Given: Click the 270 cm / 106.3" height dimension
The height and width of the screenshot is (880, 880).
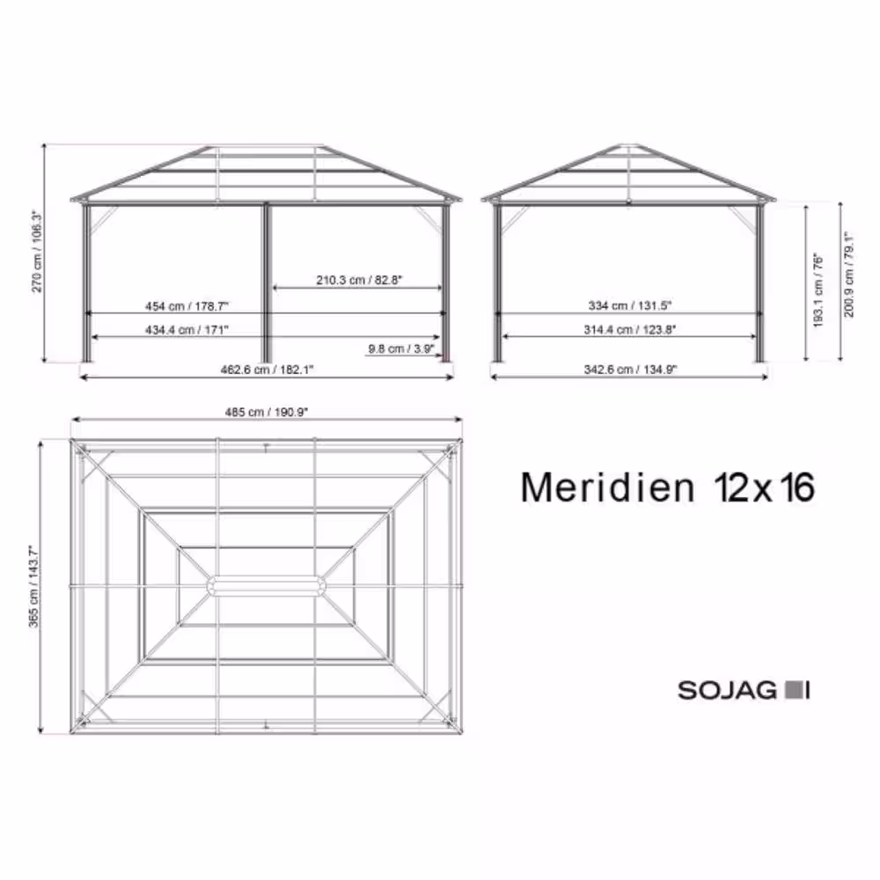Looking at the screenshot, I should pyautogui.click(x=37, y=252).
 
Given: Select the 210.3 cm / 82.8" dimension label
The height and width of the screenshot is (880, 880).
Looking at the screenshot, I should pyautogui.click(x=358, y=280).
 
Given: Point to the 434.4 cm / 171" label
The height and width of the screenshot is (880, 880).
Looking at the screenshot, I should pyautogui.click(x=187, y=329).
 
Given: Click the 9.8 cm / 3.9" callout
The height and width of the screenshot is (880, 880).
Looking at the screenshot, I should pyautogui.click(x=401, y=349).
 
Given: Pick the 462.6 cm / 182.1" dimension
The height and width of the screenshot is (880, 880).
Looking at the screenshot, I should pyautogui.click(x=267, y=370).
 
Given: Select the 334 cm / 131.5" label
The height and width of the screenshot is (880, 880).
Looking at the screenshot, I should pyautogui.click(x=630, y=306).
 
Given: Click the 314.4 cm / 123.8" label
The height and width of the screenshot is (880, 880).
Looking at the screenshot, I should pyautogui.click(x=631, y=329).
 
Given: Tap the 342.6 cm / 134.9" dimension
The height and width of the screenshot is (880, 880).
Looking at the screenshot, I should pyautogui.click(x=632, y=370).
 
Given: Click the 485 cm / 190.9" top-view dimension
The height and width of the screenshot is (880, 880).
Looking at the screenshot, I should pyautogui.click(x=267, y=412).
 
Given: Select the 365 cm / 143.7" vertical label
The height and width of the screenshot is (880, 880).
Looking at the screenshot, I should pyautogui.click(x=33, y=587).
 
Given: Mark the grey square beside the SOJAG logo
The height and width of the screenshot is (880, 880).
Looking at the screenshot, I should pyautogui.click(x=792, y=690).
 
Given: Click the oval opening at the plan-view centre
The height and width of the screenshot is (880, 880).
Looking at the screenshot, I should pyautogui.click(x=266, y=586).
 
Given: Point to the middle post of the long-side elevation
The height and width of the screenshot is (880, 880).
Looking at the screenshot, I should pyautogui.click(x=267, y=282).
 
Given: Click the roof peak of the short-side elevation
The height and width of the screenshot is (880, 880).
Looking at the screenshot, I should pyautogui.click(x=628, y=145).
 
